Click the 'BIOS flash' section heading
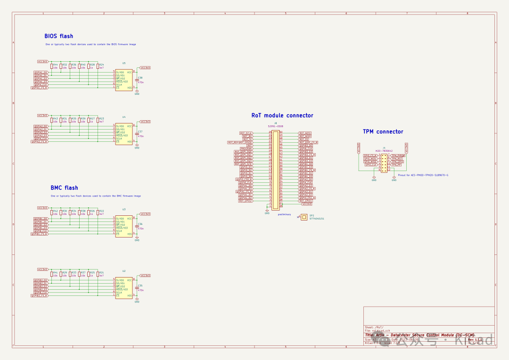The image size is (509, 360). tap(58, 36)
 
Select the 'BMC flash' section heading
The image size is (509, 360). tap(64, 188)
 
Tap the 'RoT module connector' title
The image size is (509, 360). tap(282, 115)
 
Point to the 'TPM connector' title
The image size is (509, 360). tap(383, 131)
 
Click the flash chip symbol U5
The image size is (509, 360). tap(124, 80)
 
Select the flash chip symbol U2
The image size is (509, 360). tap(124, 288)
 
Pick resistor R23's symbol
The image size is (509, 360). tap(98, 121)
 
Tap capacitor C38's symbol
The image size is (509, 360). tap(137, 80)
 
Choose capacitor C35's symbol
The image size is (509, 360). tap(137, 288)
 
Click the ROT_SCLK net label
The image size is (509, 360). tap(246, 133)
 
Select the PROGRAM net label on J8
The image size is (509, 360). tap(246, 148)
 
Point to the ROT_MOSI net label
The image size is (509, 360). tap(305, 133)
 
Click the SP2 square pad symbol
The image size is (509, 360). tap(304, 217)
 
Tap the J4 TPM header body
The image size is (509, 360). tap(384, 163)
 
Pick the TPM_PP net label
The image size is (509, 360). tap(396, 165)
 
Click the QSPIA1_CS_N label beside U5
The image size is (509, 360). tap(40, 88)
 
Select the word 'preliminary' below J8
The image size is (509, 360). tap(284, 214)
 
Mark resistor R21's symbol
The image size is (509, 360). tap(98, 275)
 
